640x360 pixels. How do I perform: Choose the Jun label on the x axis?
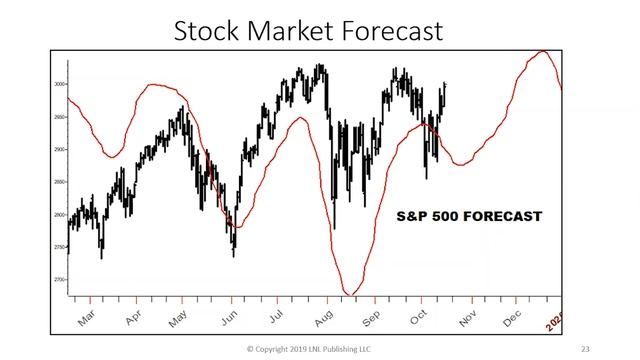point(230,317)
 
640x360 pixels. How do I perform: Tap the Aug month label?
point(324,317)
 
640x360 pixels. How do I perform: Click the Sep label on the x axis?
point(372,317)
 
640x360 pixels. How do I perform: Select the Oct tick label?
point(418,317)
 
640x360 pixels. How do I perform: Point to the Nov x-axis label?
point(467,317)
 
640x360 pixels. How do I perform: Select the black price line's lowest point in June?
point(234,255)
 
